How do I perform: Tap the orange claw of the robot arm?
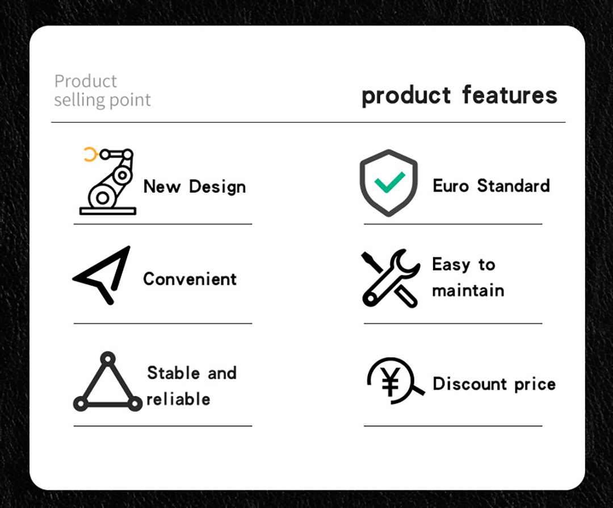(90, 154)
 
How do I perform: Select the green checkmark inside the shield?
(390, 182)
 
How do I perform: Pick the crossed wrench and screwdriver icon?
(391, 278)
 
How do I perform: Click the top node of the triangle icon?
(107, 358)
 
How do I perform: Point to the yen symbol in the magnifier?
(391, 382)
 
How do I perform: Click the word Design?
(217, 187)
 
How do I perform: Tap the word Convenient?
(190, 279)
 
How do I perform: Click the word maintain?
(468, 291)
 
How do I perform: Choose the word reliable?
(178, 399)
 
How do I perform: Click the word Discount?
(469, 384)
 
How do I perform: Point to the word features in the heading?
(509, 95)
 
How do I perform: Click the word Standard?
(513, 185)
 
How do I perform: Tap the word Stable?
(173, 373)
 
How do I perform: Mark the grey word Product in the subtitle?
(85, 81)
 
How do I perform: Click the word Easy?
(451, 265)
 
